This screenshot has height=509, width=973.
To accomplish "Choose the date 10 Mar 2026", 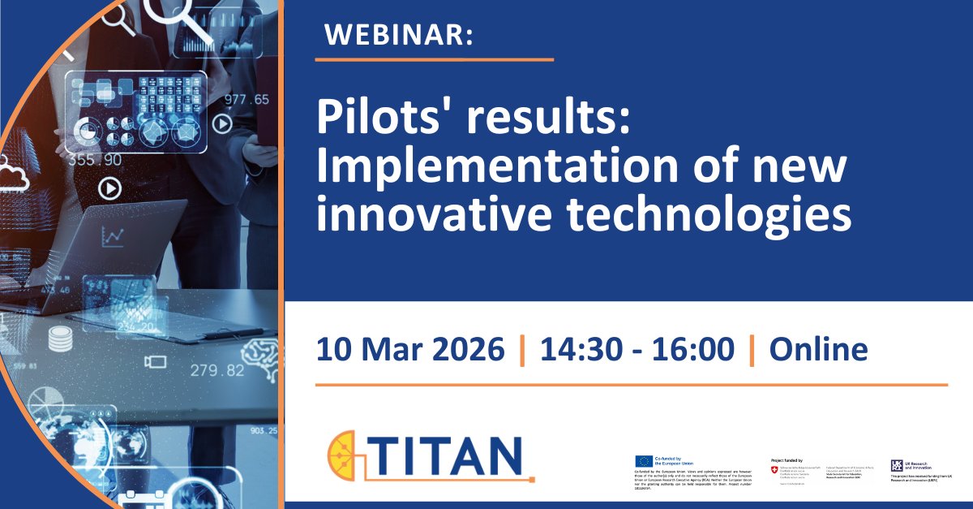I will (409, 350).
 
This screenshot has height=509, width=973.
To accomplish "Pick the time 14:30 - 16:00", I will (637, 350).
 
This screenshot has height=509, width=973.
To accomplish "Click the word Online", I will (818, 350).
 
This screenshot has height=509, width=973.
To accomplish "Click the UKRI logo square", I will (898, 466).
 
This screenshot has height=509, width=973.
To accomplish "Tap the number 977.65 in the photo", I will (246, 100).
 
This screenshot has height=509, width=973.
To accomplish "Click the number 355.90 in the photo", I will (95, 160).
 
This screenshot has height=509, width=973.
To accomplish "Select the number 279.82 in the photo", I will (217, 370).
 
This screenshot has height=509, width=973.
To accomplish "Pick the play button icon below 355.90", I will (109, 189).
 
